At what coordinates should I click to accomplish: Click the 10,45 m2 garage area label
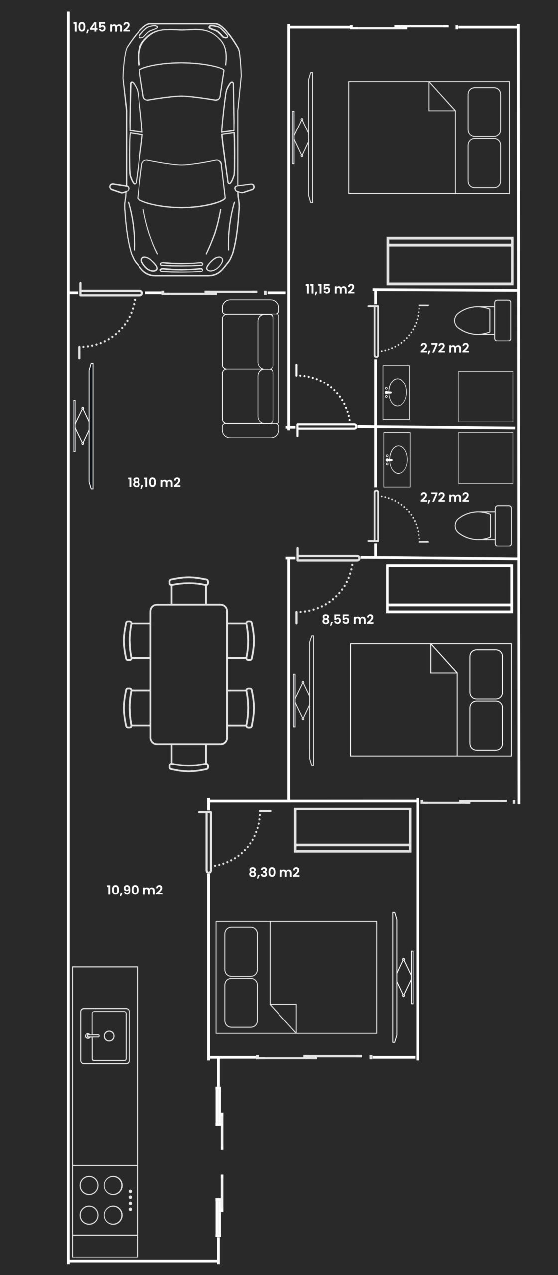click(102, 27)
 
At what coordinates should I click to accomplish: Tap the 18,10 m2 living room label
click(154, 482)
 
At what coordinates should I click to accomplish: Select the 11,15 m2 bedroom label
click(330, 289)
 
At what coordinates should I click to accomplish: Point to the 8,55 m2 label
click(348, 619)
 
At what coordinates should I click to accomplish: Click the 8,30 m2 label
click(274, 872)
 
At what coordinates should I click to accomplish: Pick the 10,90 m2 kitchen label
click(135, 890)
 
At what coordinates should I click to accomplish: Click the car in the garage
click(182, 149)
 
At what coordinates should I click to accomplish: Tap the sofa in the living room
click(250, 369)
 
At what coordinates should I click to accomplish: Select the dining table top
click(189, 674)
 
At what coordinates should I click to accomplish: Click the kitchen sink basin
click(105, 1036)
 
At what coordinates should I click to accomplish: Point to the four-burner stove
click(105, 1200)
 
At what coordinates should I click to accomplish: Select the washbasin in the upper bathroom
click(396, 392)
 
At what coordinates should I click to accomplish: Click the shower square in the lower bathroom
click(486, 458)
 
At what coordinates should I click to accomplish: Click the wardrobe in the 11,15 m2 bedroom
click(450, 261)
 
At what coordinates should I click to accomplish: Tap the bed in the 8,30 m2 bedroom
click(296, 977)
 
